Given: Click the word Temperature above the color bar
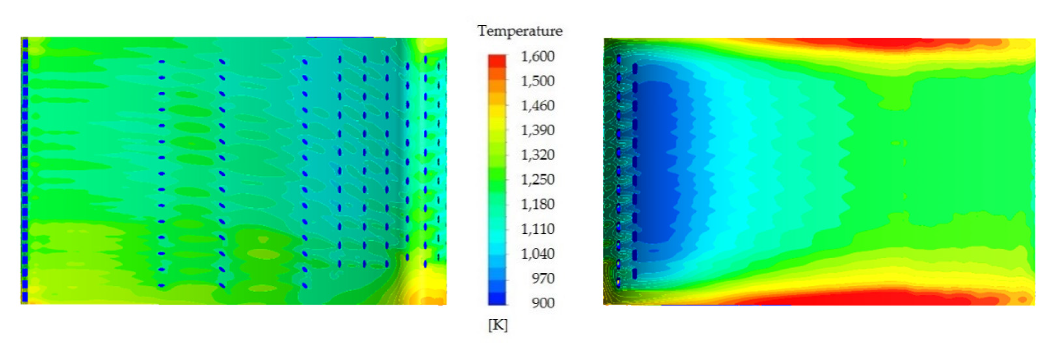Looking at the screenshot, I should click(519, 31).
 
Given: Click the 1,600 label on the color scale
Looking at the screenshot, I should click(538, 56).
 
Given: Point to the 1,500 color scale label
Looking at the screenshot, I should click(538, 81).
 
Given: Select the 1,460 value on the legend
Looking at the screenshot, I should click(538, 105).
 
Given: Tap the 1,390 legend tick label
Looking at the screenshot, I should click(538, 130).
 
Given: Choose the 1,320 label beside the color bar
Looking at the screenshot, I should click(538, 155).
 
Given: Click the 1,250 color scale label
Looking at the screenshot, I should click(538, 180).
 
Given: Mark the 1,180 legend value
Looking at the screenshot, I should click(538, 204).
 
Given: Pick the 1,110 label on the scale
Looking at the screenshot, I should click(538, 229).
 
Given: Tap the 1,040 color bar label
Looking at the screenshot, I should click(538, 253).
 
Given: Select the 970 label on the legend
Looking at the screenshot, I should click(543, 278).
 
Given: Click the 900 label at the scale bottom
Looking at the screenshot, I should click(543, 303).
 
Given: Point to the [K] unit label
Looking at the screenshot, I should click(498, 325).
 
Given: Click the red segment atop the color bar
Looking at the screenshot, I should click(497, 60).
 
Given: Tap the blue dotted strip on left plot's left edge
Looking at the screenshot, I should click(25, 165).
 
